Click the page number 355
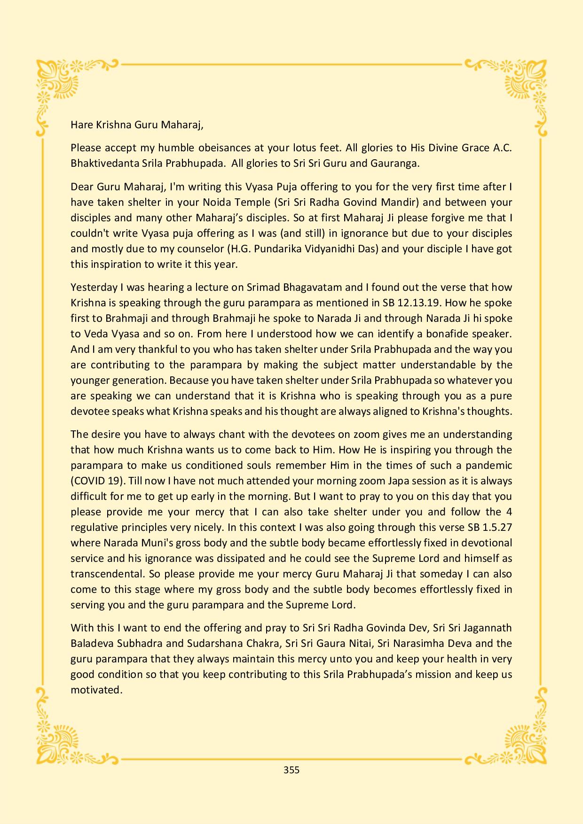(x=291, y=770)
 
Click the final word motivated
(x=96, y=690)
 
